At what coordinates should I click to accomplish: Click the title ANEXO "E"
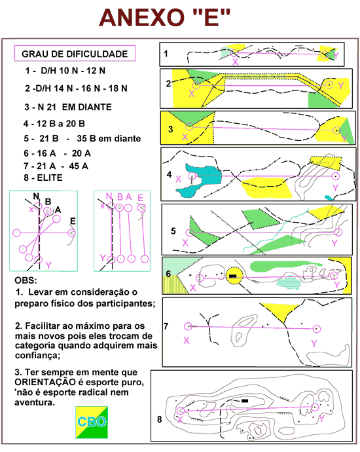click(164, 17)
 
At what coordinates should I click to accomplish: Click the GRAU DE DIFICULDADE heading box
click(75, 53)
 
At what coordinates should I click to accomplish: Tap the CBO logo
click(92, 423)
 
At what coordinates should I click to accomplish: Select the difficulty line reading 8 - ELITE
click(43, 178)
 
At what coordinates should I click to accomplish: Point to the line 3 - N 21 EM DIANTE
click(68, 107)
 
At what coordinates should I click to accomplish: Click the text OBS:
click(26, 280)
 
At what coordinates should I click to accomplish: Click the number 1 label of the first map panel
click(166, 53)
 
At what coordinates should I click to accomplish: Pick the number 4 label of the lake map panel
click(170, 174)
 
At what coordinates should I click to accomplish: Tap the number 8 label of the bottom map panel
click(160, 419)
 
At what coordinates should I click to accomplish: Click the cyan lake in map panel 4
click(202, 179)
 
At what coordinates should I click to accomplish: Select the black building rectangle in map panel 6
click(233, 276)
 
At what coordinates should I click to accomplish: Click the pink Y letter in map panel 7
click(314, 343)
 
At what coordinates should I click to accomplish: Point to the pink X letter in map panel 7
click(187, 341)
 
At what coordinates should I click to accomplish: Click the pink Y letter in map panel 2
click(341, 86)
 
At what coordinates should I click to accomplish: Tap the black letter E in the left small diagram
click(73, 221)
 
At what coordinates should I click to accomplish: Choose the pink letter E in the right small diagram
click(141, 198)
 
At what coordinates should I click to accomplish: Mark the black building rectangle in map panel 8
click(245, 401)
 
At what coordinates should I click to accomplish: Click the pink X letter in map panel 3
click(185, 137)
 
